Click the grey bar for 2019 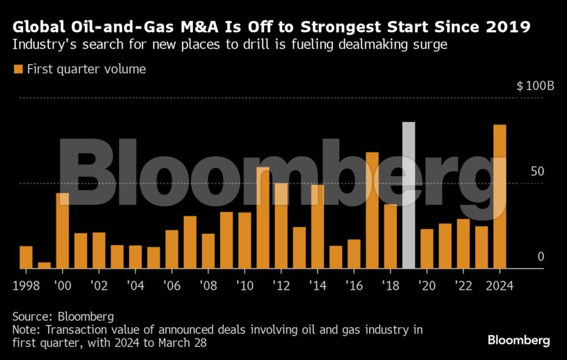click(409, 196)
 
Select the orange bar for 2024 click(499, 197)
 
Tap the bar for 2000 click(63, 230)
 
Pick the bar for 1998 click(26, 257)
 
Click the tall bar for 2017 click(372, 210)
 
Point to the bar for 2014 click(318, 226)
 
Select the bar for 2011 click(263, 218)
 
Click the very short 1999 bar click(45, 265)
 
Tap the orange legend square click(17, 69)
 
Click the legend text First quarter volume click(86, 69)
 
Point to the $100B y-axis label click(535, 86)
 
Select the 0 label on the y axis click(540, 257)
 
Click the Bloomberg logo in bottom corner click(518, 341)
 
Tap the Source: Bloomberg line click(63, 316)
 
